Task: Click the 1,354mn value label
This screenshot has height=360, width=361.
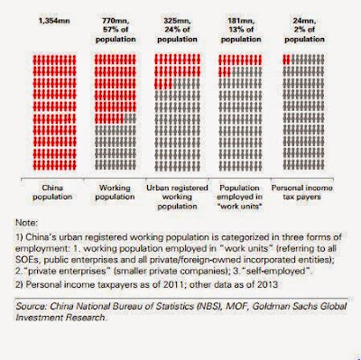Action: pos(54,21)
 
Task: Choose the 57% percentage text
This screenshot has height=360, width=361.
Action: pos(112,30)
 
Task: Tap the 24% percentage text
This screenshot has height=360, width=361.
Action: pos(173,30)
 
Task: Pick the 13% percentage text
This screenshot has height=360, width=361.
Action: pos(236,30)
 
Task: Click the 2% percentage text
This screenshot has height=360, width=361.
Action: pos(300,30)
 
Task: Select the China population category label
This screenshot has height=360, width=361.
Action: pos(52,192)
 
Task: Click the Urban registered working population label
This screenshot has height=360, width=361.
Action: pos(177,197)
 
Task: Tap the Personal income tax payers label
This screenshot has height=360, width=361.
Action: pos(301,192)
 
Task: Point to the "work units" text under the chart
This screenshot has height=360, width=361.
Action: pos(239,207)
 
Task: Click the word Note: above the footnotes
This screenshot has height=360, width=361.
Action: pos(27,223)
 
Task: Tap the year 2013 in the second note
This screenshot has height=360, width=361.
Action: pos(267,284)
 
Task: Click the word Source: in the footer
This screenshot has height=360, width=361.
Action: pos(32,306)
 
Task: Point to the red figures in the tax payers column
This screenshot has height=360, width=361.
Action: pos(286,60)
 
